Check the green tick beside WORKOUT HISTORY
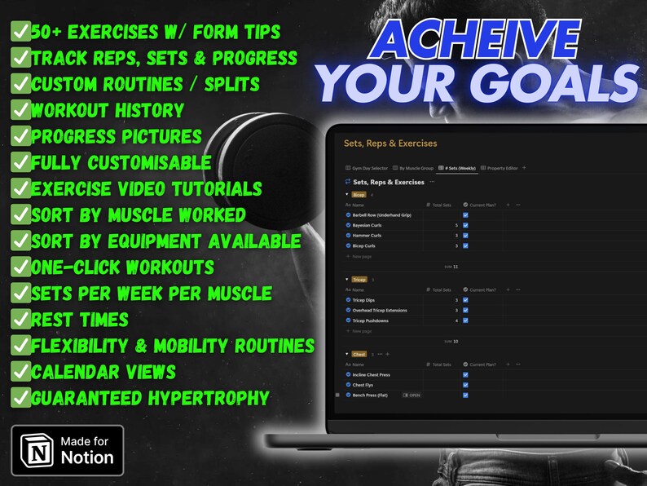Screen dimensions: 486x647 point(20,110)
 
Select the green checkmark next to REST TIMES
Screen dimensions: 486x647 point(20,319)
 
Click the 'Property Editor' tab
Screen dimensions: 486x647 point(501,168)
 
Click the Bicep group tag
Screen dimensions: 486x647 point(358,195)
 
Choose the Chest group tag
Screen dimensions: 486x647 point(359,354)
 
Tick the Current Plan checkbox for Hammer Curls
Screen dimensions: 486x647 point(465,235)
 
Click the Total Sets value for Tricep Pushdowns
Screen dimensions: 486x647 point(456,320)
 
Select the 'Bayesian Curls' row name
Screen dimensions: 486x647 point(368,225)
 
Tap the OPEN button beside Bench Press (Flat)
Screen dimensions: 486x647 point(412,395)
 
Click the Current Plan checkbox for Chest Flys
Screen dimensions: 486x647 point(465,385)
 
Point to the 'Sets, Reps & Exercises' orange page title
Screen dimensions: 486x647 point(390,144)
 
